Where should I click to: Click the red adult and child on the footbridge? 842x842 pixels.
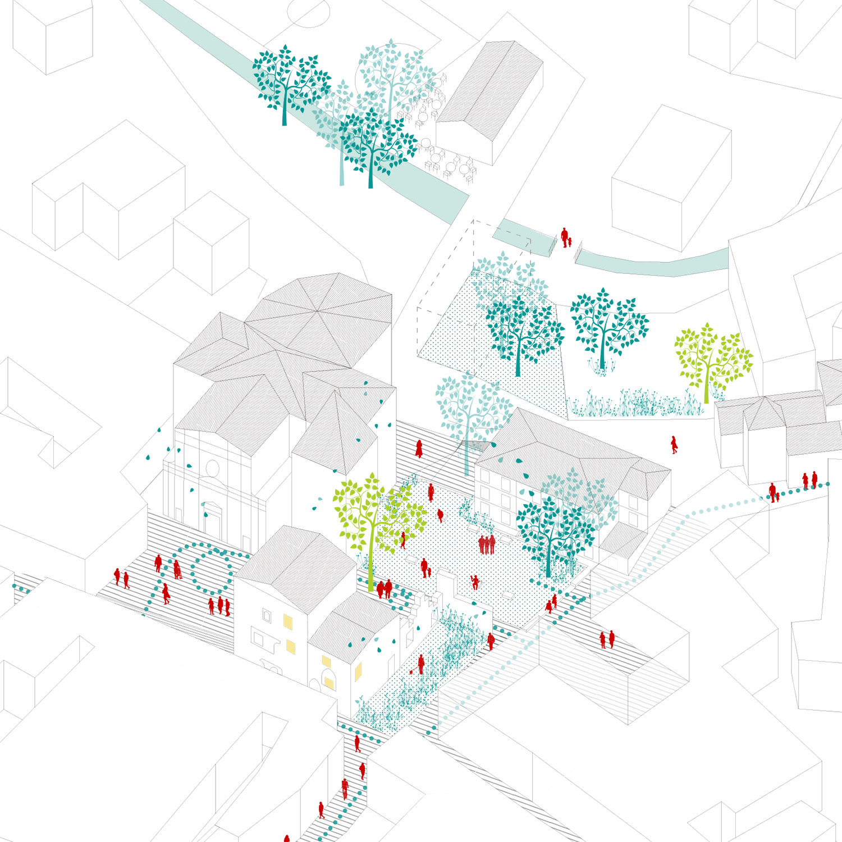pyautogui.click(x=566, y=238)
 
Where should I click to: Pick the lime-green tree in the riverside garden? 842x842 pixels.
pyautogui.click(x=712, y=359)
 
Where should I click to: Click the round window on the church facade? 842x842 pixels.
pyautogui.click(x=212, y=468)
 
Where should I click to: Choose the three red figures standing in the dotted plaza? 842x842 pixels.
pyautogui.click(x=487, y=544)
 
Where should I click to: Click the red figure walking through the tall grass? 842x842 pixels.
pyautogui.click(x=421, y=664)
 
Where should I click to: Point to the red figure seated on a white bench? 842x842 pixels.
pyautogui.click(x=475, y=582)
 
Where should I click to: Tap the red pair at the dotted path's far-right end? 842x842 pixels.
pyautogui.click(x=809, y=481)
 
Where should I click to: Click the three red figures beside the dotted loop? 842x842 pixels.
pyautogui.click(x=219, y=606)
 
